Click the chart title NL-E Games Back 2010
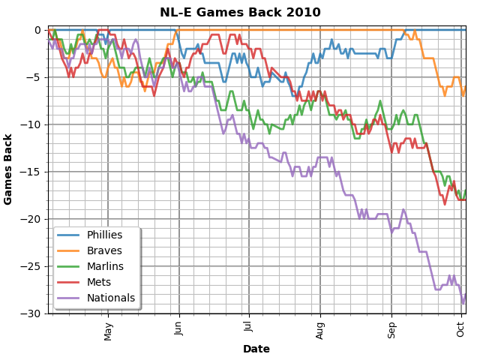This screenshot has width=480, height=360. click(x=240, y=13)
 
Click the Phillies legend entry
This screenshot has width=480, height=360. click(x=104, y=235)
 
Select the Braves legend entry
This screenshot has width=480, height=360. click(x=103, y=251)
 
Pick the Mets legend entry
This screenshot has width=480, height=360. click(x=98, y=282)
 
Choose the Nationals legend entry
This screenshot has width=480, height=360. click(x=109, y=298)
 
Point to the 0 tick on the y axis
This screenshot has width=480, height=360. click(x=37, y=30)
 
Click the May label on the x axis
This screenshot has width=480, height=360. click(x=108, y=331)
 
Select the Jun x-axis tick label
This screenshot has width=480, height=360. click(x=178, y=330)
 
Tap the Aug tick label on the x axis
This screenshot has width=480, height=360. click(x=320, y=330)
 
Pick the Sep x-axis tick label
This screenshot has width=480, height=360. click(x=391, y=330)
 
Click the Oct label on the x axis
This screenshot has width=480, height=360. click(x=461, y=329)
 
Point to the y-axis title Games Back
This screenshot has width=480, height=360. click(x=9, y=169)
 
